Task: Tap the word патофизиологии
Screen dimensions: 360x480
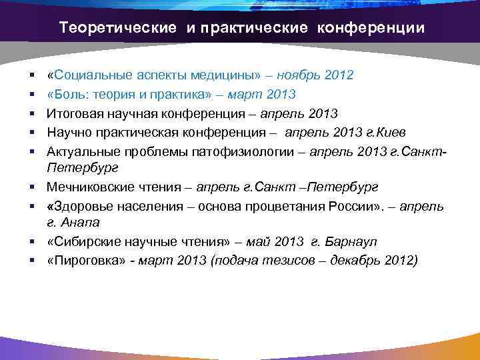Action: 239,152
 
